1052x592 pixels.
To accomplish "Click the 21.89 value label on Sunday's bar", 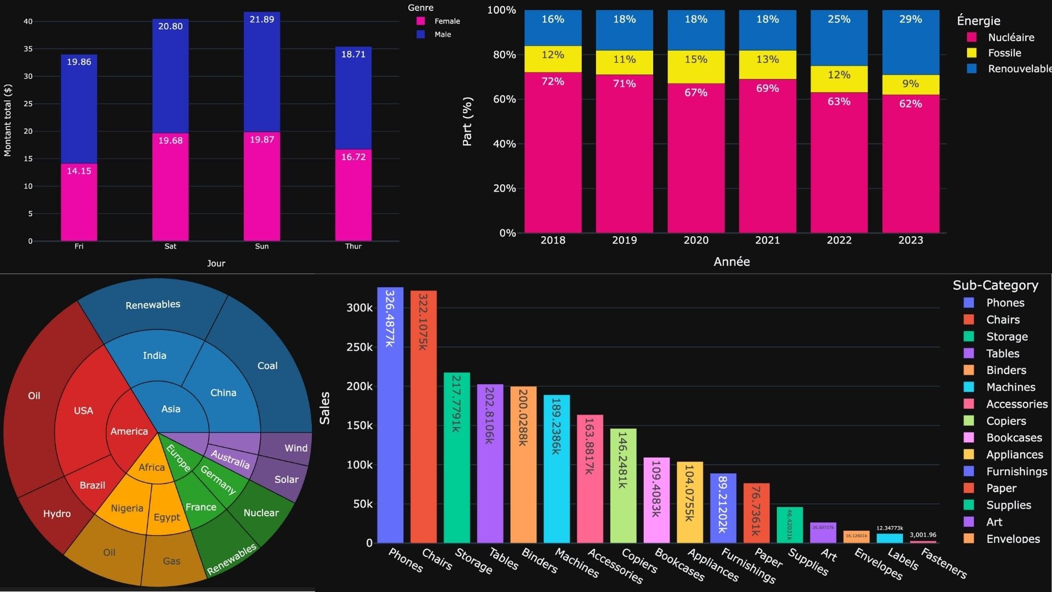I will [x=262, y=19].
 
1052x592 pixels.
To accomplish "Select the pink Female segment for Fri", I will [x=79, y=203].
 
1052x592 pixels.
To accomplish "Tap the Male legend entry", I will [x=442, y=35].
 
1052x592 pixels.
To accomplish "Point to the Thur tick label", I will [x=353, y=246].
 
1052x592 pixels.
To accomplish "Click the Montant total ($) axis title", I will [x=8, y=121].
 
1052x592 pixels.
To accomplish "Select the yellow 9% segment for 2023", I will [x=911, y=84].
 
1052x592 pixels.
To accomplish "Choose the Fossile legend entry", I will [x=1004, y=53].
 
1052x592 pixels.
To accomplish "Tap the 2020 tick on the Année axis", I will [x=696, y=240].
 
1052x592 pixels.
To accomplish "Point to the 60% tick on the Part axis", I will [x=504, y=99].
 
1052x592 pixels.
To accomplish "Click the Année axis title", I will [x=731, y=262].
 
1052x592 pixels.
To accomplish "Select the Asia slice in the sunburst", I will [x=170, y=409].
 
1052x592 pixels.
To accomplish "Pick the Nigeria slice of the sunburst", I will [x=127, y=508].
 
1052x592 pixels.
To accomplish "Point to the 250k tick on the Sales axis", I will [x=359, y=347].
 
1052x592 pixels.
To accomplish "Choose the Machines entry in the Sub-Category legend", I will [x=1010, y=388].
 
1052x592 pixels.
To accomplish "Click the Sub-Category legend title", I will [x=995, y=285].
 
